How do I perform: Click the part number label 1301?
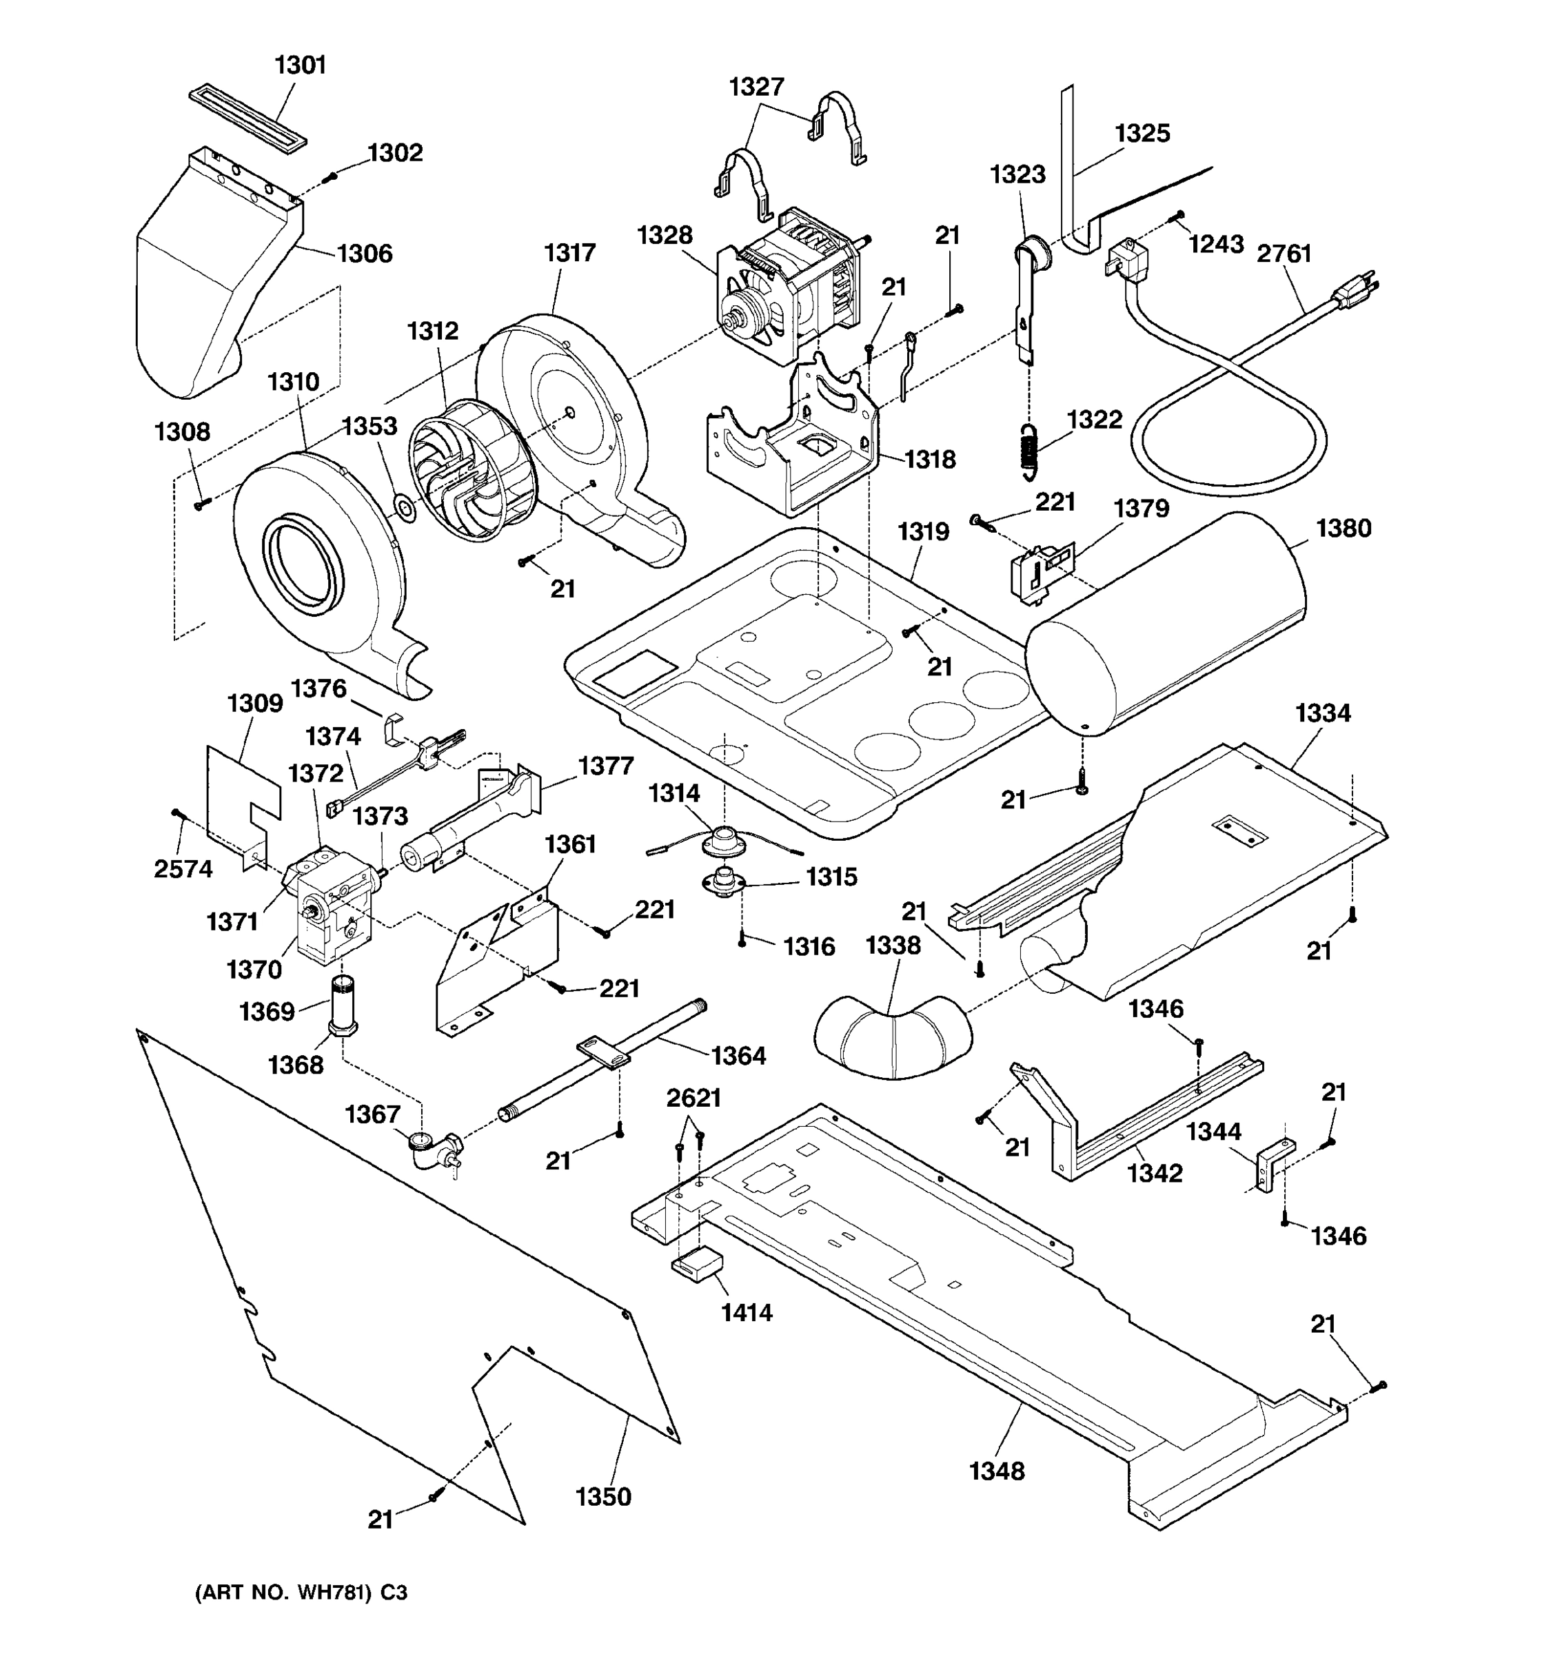[x=300, y=65]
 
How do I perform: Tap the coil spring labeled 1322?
[x=1030, y=450]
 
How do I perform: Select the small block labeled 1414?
[x=696, y=1267]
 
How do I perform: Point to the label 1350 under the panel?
[x=603, y=1497]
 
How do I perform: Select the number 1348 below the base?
[x=996, y=1471]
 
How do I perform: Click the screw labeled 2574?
[x=176, y=813]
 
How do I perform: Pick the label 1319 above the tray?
[x=923, y=531]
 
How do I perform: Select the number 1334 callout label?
[x=1323, y=713]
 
